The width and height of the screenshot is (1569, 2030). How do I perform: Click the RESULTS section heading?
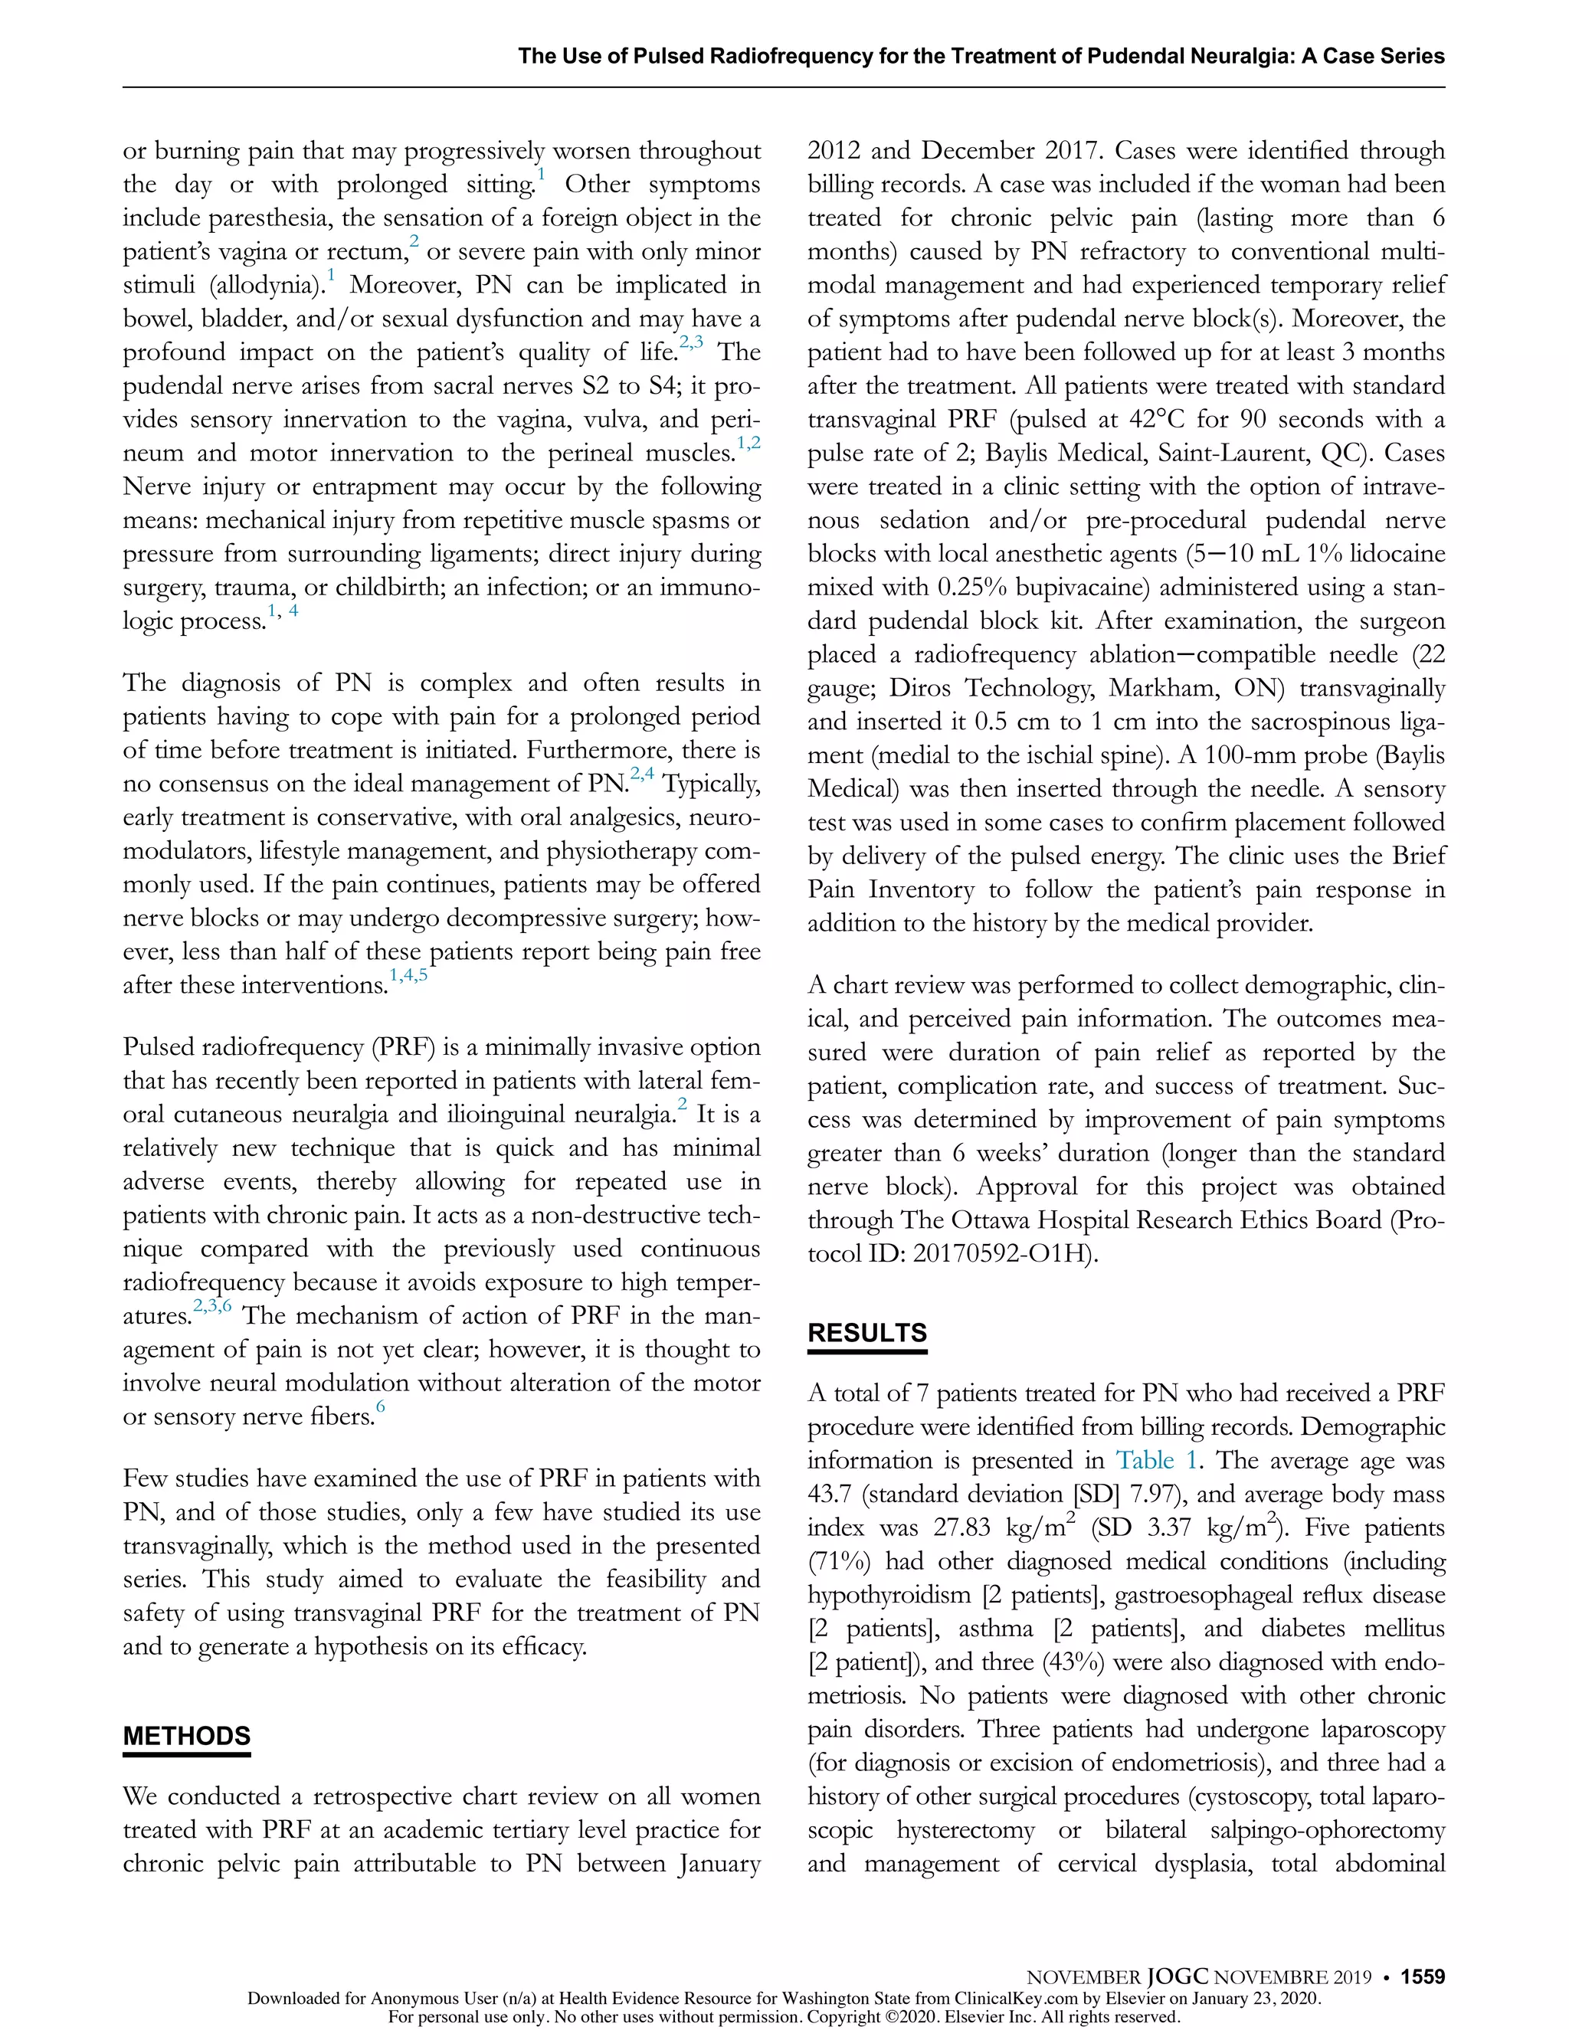click(866, 1332)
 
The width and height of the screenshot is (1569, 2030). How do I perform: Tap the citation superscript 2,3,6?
click(212, 1306)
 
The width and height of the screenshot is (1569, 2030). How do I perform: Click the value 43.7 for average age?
click(832, 1495)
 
